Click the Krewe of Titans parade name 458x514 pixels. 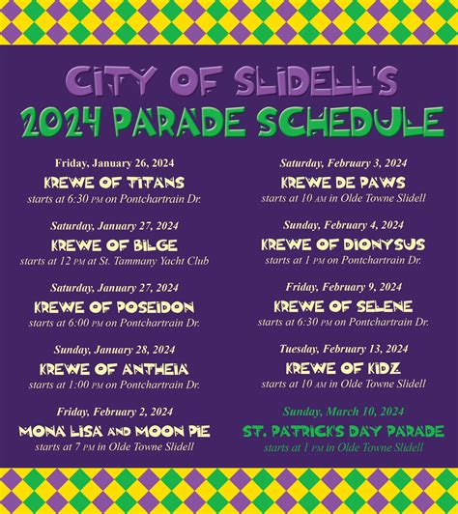coord(114,182)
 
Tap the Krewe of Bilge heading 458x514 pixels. coord(114,244)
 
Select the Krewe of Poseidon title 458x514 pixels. coord(114,306)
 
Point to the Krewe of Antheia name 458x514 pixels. coord(114,368)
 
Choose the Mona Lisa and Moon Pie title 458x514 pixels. coord(114,430)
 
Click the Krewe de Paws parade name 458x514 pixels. coord(343,182)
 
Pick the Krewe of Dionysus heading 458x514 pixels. coord(343,244)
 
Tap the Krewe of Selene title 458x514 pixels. coord(343,306)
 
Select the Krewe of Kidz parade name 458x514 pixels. coord(343,368)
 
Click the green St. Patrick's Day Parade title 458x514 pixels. coord(343,430)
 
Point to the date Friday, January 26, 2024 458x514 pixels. coord(114,163)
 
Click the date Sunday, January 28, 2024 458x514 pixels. coord(114,350)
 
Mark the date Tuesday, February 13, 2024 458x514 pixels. coord(343,349)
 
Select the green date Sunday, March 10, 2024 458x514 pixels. coord(343,412)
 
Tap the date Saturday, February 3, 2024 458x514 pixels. coord(343,163)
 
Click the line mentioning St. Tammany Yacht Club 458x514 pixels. coord(114,261)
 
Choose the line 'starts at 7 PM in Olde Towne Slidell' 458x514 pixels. coord(114,446)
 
